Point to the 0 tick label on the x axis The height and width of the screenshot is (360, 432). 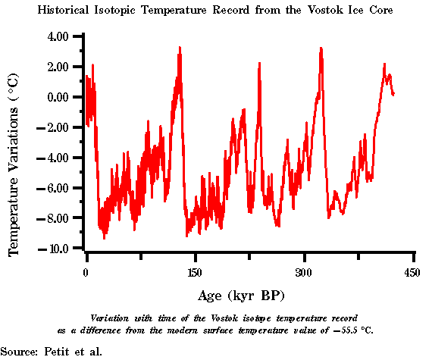[86, 272]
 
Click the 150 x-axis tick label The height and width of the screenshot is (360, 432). [195, 272]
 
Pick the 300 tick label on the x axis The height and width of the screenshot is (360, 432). [304, 272]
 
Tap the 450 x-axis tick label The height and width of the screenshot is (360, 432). [412, 272]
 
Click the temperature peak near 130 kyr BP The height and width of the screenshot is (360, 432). [180, 48]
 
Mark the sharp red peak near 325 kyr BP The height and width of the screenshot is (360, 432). [321, 49]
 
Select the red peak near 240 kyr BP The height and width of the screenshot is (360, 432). [259, 64]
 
